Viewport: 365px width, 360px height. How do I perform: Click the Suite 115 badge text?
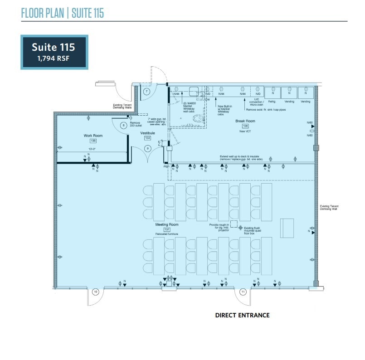[53, 46]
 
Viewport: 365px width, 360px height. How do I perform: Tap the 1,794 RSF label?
[53, 58]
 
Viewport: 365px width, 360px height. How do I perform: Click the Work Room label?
[93, 136]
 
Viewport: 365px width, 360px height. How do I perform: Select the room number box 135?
[93, 141]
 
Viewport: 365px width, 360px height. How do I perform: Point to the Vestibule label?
[147, 133]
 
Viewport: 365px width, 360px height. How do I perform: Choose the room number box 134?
[147, 138]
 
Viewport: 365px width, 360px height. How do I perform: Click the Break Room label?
[245, 121]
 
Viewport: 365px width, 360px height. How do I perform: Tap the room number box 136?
[245, 126]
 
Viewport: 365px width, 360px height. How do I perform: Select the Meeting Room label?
[167, 224]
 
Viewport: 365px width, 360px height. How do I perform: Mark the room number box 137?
[167, 229]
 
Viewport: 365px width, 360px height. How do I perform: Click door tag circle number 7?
[146, 91]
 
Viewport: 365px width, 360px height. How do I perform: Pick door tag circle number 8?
[123, 125]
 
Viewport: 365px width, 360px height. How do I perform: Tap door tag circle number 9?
[147, 148]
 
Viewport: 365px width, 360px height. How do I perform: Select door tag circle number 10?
[95, 292]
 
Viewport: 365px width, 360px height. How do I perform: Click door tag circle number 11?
[243, 292]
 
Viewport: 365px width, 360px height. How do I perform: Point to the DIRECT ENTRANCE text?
[242, 315]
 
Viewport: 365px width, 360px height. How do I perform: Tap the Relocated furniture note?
[167, 234]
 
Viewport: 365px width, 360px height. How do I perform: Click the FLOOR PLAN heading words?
[43, 13]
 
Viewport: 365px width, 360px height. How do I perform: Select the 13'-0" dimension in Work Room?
[92, 149]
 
